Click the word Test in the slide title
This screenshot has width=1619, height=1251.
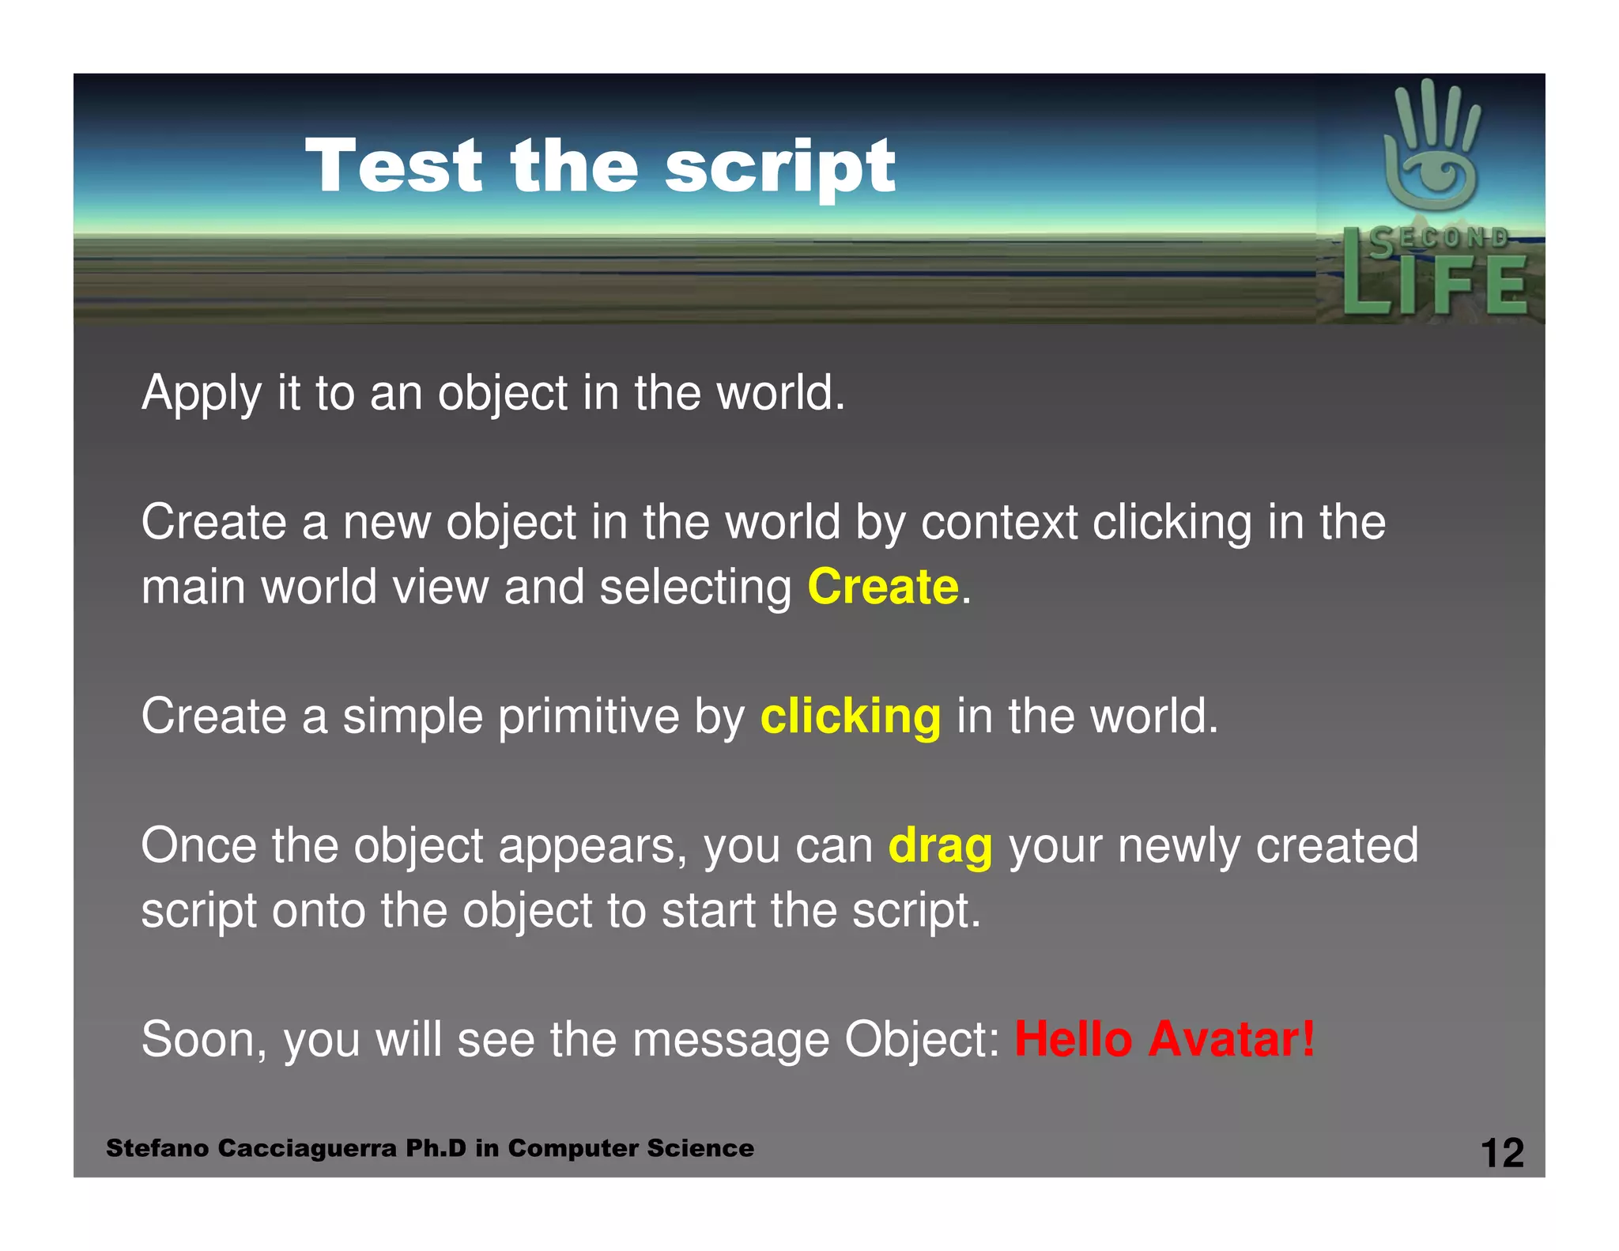(x=394, y=166)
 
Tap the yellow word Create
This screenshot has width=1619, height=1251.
(x=883, y=587)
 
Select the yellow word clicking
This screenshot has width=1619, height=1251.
(x=851, y=716)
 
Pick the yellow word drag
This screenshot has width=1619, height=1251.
(x=940, y=846)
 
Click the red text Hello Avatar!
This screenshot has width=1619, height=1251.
(x=1165, y=1039)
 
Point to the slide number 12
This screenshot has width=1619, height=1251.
(x=1501, y=1153)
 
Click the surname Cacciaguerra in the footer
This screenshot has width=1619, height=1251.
(x=307, y=1148)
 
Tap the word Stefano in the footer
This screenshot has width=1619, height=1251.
(x=158, y=1148)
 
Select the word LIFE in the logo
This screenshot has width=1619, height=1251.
(x=1435, y=285)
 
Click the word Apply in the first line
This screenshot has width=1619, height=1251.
(x=201, y=394)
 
